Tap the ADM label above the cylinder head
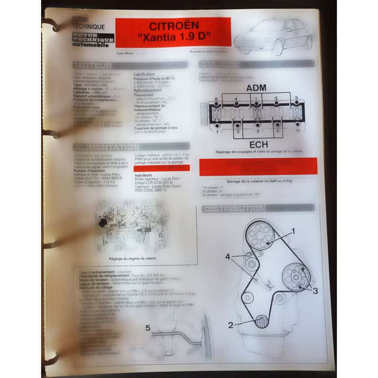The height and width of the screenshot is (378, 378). click(256, 88)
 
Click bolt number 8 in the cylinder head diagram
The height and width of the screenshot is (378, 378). click(216, 99)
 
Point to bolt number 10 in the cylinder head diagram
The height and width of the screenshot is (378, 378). click(298, 130)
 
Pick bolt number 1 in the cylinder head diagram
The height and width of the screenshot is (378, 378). click(256, 99)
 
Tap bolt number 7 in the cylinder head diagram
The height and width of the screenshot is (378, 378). click(216, 131)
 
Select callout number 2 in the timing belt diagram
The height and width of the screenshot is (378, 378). click(231, 325)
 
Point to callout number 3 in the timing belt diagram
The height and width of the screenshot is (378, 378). click(315, 291)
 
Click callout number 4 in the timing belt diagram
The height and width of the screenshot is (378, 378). click(228, 257)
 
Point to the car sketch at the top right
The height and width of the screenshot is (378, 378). click(274, 35)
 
